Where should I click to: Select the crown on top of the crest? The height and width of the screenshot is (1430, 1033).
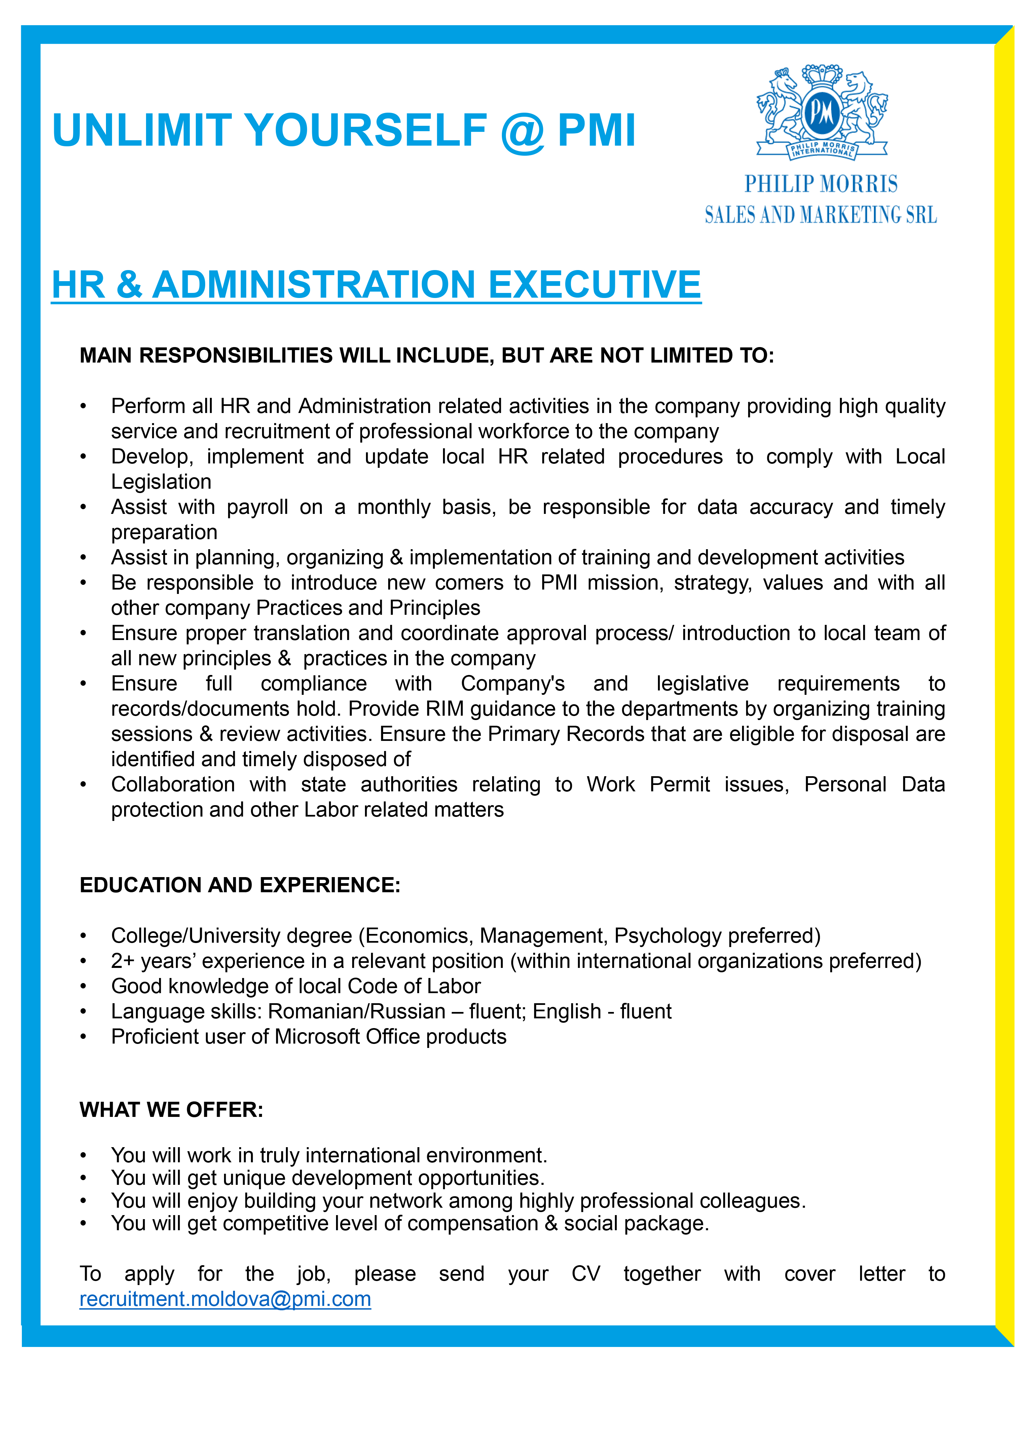click(x=822, y=76)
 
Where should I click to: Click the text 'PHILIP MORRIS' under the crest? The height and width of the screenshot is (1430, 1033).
click(x=821, y=184)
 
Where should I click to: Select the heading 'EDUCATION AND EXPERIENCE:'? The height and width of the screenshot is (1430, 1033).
click(x=239, y=885)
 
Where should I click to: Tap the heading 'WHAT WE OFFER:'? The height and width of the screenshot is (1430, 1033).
click(x=172, y=1110)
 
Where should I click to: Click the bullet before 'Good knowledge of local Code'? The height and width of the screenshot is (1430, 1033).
click(x=83, y=987)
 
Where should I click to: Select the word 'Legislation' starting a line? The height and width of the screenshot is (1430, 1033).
click(x=161, y=482)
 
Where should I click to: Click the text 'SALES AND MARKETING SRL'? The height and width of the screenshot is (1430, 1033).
click(x=821, y=215)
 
